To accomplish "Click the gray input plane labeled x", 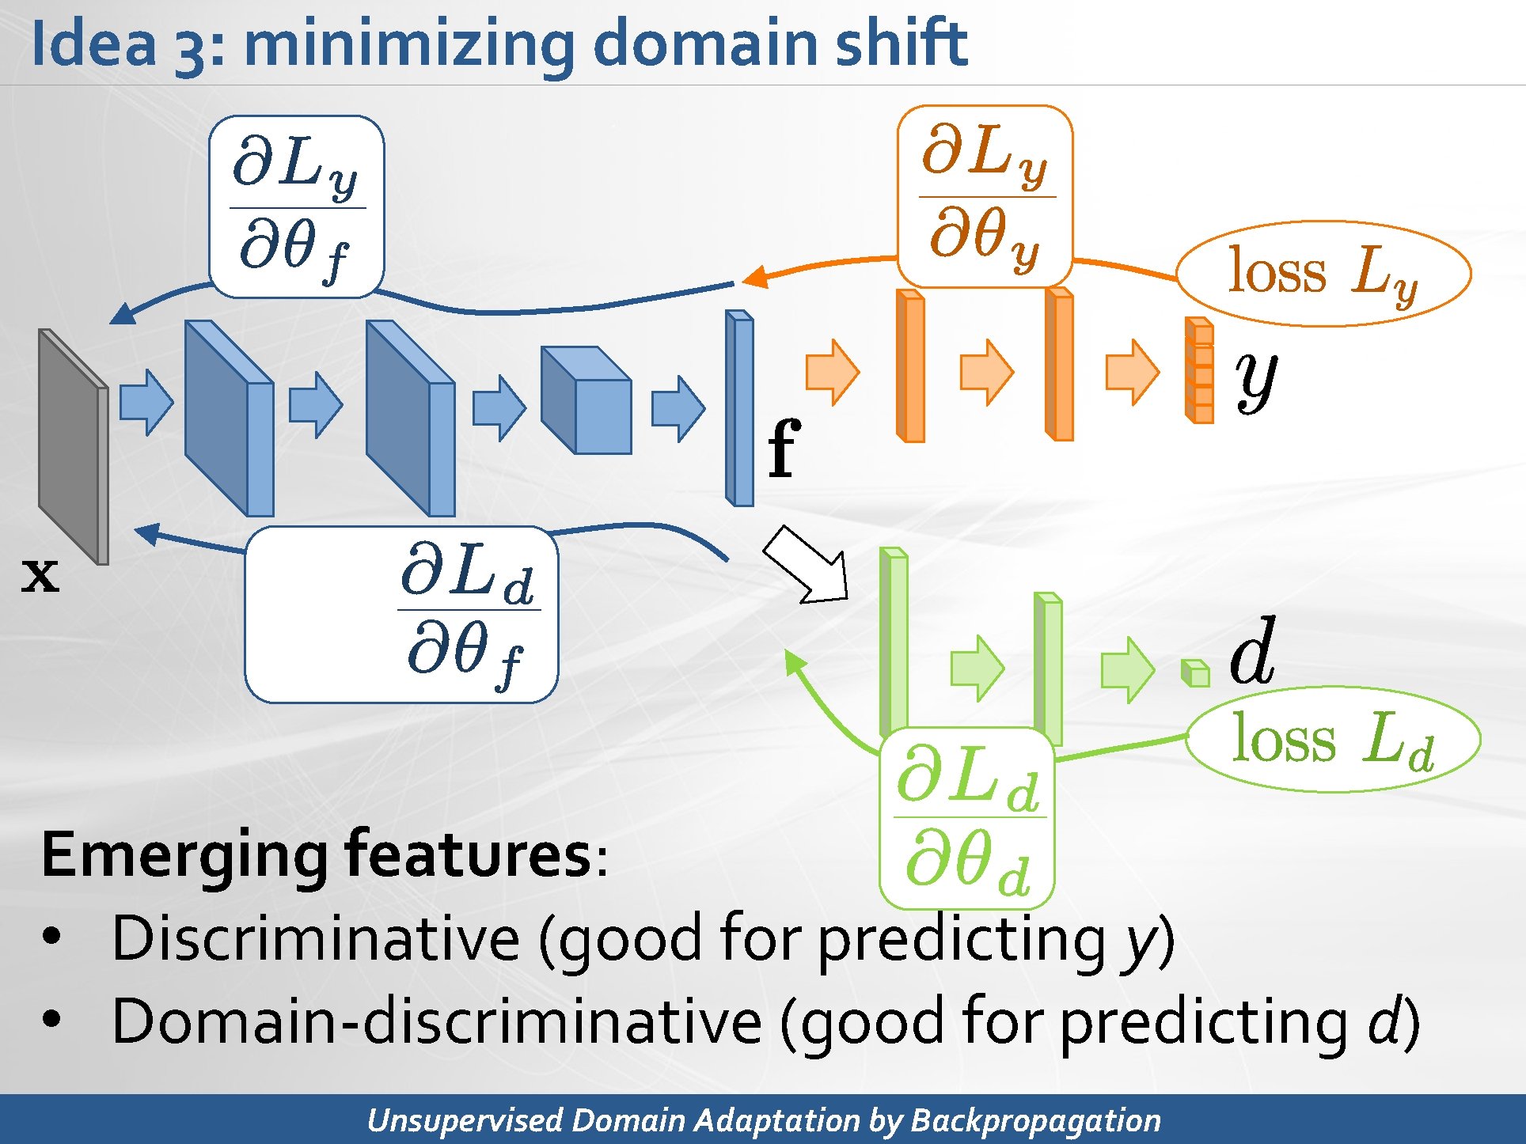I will (x=73, y=447).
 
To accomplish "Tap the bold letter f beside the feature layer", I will (x=784, y=449).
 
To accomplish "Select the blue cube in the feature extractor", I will (x=587, y=400).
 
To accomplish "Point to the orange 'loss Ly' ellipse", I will (x=1323, y=273).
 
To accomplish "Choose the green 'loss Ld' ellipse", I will (x=1333, y=739).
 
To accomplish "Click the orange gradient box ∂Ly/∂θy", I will (x=985, y=196).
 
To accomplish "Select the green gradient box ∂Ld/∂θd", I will (x=967, y=818).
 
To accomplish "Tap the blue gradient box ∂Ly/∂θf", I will (x=296, y=207).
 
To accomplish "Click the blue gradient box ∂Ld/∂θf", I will (x=402, y=614).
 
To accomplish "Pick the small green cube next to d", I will (x=1195, y=673).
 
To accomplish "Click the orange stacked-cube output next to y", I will (x=1198, y=370).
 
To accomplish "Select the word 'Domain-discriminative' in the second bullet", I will (x=435, y=1021).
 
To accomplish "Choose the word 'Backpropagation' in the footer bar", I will (x=1035, y=1120).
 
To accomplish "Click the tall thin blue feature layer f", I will (x=740, y=408).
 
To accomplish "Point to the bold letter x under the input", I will (x=40, y=574).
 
